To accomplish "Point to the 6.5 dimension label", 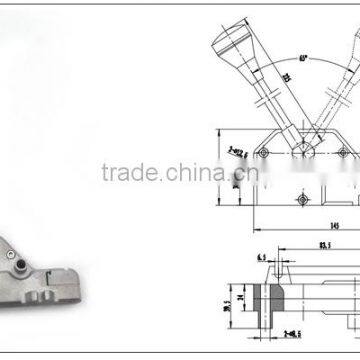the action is [x=261, y=258].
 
